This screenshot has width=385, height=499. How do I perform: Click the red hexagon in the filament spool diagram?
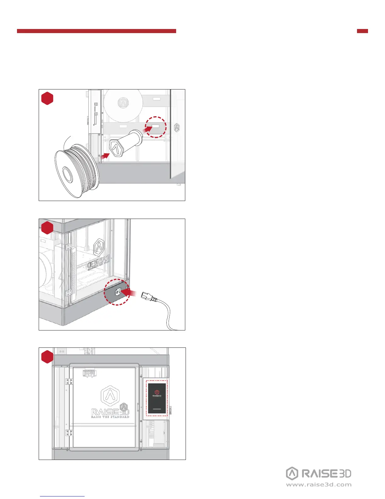[x=47, y=98]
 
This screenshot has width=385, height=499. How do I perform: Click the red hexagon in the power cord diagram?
[x=47, y=227]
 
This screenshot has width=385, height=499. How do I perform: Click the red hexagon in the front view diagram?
[x=47, y=357]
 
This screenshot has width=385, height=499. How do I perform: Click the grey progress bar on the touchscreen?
[x=157, y=409]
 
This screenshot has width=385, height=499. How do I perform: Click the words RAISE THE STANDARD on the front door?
[x=110, y=417]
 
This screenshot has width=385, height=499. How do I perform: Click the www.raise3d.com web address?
[x=319, y=485]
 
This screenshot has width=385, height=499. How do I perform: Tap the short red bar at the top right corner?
[x=362, y=31]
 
